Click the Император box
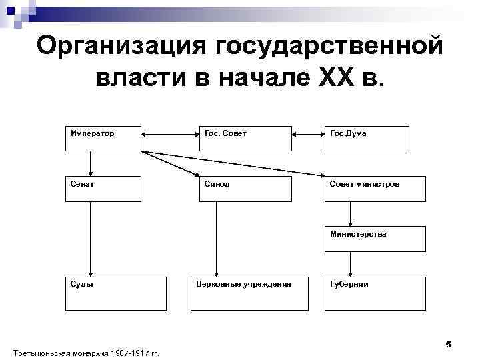[103, 138]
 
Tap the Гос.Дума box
[366, 138]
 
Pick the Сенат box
[103, 189]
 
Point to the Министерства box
[375, 239]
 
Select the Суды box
[115, 293]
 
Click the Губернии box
[375, 293]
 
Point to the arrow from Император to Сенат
[91, 163]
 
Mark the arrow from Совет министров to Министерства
[350, 214]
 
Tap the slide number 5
[448, 344]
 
